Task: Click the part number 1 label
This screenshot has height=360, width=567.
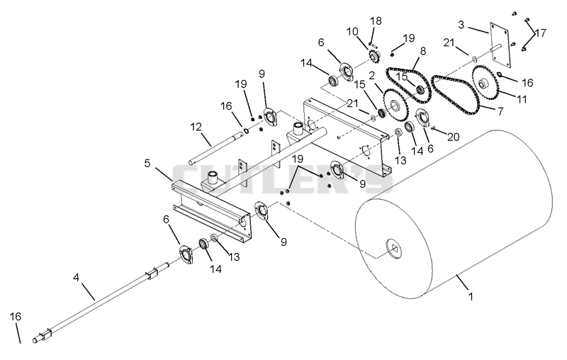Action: click(471, 296)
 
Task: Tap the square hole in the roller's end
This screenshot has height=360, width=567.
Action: click(394, 249)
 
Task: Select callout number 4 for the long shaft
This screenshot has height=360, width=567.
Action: click(76, 278)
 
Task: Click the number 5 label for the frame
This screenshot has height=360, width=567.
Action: click(147, 163)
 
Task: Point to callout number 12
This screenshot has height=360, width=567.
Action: click(196, 127)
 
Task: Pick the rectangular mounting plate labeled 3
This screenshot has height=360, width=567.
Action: click(500, 45)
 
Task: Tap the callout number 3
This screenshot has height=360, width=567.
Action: click(461, 25)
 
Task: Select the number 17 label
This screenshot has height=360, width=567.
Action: click(541, 33)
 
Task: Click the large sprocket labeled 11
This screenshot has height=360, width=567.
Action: click(485, 85)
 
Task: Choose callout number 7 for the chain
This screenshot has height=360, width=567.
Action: click(500, 111)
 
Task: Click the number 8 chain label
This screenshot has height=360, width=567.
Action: click(422, 50)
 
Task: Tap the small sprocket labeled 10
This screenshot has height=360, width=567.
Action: click(374, 57)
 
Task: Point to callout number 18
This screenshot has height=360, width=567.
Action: click(376, 21)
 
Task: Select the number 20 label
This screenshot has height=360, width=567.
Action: click(454, 137)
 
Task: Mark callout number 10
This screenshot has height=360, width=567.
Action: click(352, 31)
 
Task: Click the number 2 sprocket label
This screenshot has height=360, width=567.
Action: click(371, 76)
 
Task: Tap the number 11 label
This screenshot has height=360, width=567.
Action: click(521, 99)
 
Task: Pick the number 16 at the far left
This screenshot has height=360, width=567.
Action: click(16, 317)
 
